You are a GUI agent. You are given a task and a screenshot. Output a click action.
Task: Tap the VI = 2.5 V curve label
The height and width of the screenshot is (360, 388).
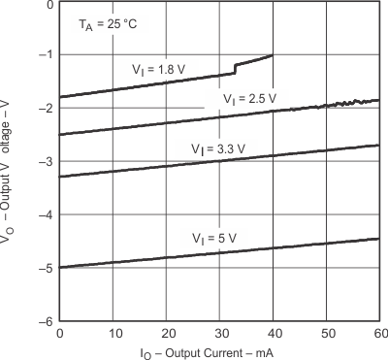click(x=248, y=99)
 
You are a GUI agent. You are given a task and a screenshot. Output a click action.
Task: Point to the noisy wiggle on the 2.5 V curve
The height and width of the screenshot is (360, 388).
click(x=344, y=102)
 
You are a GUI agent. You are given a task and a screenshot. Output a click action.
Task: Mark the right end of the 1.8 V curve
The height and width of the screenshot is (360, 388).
click(x=272, y=55)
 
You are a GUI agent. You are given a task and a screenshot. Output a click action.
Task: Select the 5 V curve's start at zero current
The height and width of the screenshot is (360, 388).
click(x=61, y=267)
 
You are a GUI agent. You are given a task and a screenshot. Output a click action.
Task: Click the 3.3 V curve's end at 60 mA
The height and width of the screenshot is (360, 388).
click(x=377, y=145)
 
